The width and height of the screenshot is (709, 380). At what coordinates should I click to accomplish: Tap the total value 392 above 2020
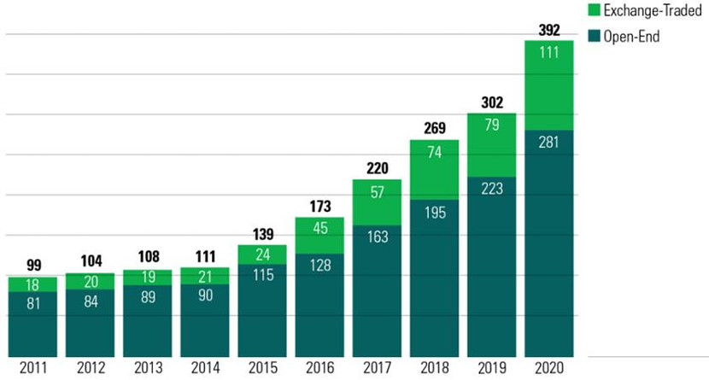point(548,30)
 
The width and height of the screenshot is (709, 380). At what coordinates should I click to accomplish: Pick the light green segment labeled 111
point(548,85)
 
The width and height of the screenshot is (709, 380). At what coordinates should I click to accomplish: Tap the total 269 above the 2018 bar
point(434,129)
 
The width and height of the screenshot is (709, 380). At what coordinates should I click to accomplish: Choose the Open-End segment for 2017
point(377,290)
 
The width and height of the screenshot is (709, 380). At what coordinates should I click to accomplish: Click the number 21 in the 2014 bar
point(205,276)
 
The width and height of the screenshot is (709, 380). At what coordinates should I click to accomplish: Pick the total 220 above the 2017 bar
point(377,169)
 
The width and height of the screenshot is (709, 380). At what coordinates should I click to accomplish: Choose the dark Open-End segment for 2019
point(491,265)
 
